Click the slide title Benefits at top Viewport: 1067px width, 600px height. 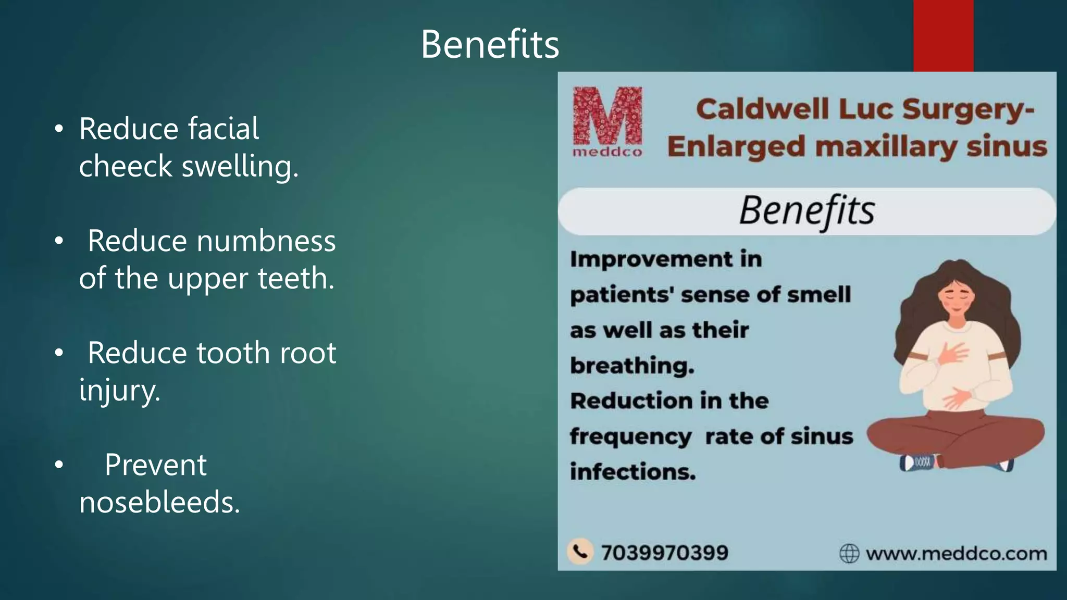tap(490, 44)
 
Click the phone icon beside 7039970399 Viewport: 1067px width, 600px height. tap(580, 552)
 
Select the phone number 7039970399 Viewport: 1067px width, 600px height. tap(664, 553)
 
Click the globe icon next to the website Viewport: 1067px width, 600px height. tap(849, 553)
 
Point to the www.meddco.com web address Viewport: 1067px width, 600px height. tap(956, 553)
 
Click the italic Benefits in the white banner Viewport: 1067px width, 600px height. tap(807, 211)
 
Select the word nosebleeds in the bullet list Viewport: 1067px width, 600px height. tap(159, 503)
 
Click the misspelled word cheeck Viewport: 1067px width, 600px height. tap(125, 166)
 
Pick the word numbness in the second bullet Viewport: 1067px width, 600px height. tap(266, 241)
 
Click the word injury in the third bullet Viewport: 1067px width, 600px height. tap(119, 390)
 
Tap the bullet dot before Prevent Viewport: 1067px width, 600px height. tap(59, 465)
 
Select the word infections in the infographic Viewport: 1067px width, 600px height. tap(632, 472)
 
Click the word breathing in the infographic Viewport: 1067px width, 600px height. tap(632, 366)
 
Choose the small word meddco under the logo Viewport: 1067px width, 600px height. tap(607, 152)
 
